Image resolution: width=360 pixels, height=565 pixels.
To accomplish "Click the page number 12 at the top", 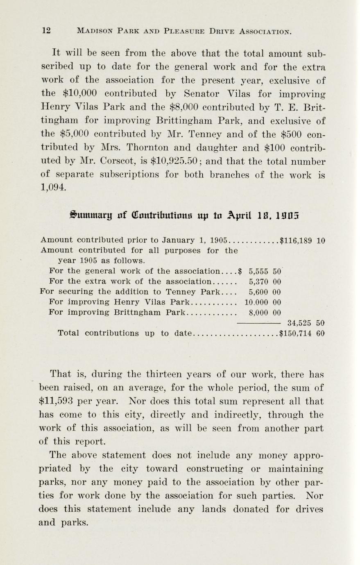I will click(x=46, y=31).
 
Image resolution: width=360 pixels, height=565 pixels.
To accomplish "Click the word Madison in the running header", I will click(x=96, y=31).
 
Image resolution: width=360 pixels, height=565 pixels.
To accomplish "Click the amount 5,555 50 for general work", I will click(x=265, y=271).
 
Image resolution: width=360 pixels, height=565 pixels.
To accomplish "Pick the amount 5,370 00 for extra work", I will click(x=265, y=281).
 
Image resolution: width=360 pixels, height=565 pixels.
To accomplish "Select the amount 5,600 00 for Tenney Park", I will click(x=265, y=292).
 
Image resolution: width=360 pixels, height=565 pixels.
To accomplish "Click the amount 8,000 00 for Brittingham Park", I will click(x=265, y=313).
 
